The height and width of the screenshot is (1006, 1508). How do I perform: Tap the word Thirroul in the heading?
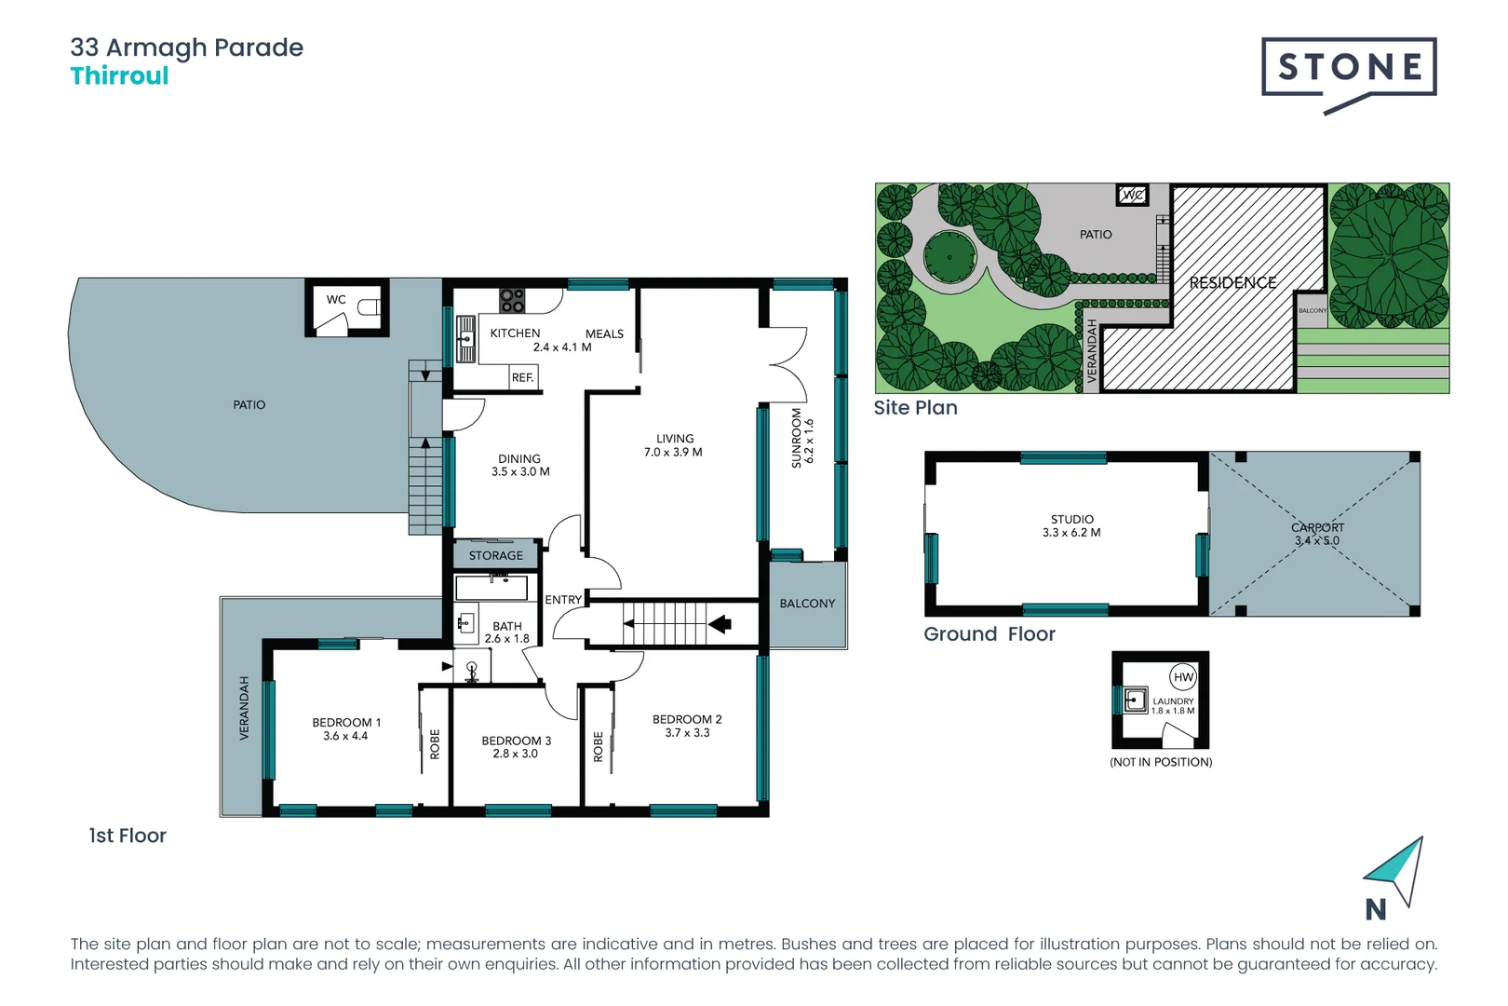coord(119,76)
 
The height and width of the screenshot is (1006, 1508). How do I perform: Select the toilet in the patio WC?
coord(369,306)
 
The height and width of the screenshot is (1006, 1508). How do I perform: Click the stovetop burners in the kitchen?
coord(512,300)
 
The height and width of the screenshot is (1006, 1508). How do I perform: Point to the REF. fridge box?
coord(523,377)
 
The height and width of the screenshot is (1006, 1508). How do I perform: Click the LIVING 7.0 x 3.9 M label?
coord(673,445)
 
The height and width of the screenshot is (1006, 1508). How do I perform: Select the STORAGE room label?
coord(495,555)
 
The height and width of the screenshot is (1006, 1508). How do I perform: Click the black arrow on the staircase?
coord(720,624)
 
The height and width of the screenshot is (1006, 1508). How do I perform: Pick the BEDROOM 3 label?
coord(516,747)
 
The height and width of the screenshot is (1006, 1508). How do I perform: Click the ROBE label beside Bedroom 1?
coord(435,744)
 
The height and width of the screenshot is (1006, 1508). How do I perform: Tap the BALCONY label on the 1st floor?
coord(807,604)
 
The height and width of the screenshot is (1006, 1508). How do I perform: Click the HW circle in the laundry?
coord(1183,677)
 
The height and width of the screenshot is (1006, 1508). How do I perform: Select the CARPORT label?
coord(1317,527)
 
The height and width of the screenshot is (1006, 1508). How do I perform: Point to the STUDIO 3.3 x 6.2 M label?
coord(1071,526)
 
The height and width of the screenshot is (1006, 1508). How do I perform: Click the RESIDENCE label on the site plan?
coord(1232,282)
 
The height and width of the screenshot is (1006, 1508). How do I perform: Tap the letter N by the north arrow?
coord(1375,909)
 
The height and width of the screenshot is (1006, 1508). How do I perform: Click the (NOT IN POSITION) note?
coord(1161,762)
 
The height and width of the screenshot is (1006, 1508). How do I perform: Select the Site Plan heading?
coord(915,408)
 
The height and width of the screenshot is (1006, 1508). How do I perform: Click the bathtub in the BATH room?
coord(491,588)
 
